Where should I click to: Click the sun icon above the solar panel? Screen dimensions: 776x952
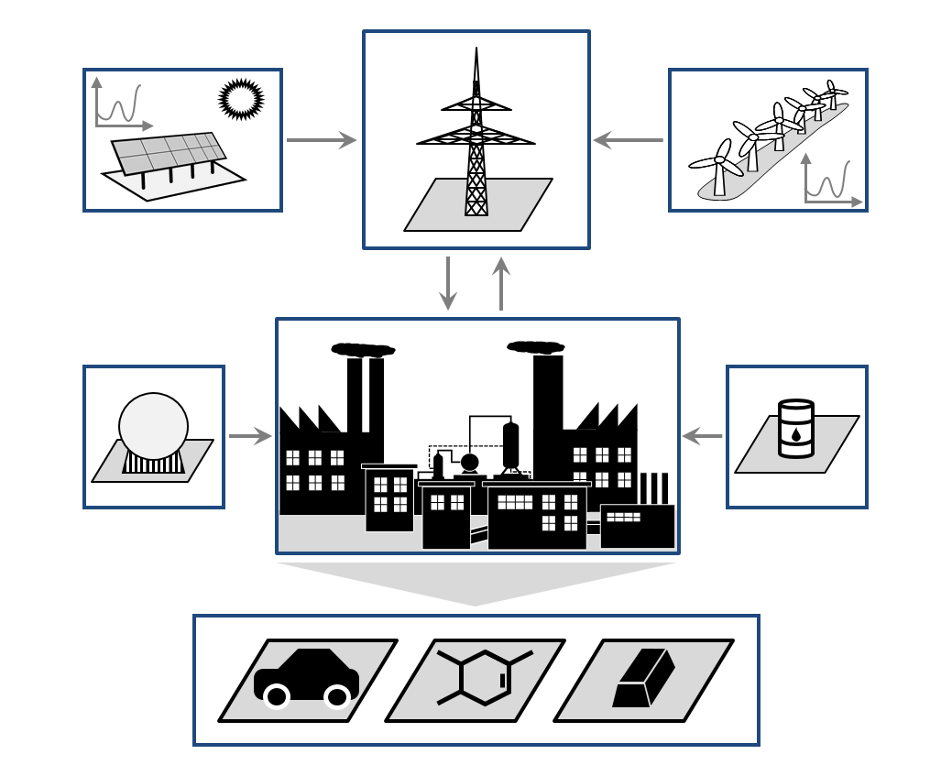pyautogui.click(x=241, y=99)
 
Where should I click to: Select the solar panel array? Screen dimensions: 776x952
pyautogui.click(x=169, y=153)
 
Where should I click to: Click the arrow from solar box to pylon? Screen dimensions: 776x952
pyautogui.click(x=321, y=140)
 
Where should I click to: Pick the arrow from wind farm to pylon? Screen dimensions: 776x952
pyautogui.click(x=629, y=140)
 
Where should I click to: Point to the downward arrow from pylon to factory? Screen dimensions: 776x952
pyautogui.click(x=448, y=283)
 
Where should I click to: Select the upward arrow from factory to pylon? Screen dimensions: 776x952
pyautogui.click(x=501, y=283)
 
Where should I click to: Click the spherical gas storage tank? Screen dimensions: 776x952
pyautogui.click(x=153, y=427)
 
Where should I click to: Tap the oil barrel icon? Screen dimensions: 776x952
pyautogui.click(x=795, y=428)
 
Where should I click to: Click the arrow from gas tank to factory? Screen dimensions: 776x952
pyautogui.click(x=250, y=437)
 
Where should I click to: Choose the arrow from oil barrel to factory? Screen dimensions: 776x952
pyautogui.click(x=703, y=436)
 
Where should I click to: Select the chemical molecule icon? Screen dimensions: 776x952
pyautogui.click(x=483, y=678)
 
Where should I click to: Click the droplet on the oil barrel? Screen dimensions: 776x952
pyautogui.click(x=795, y=434)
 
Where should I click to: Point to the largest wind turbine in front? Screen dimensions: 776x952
pyautogui.click(x=720, y=165)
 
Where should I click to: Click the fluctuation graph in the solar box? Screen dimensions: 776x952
pyautogui.click(x=120, y=104)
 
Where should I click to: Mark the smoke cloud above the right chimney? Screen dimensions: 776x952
pyautogui.click(x=535, y=347)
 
